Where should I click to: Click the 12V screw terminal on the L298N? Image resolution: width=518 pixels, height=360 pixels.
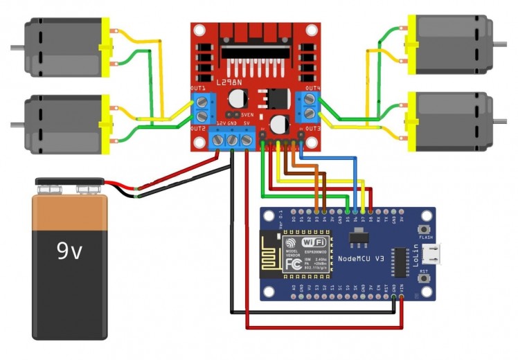220,141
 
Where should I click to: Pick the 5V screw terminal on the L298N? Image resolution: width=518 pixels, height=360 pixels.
246,141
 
